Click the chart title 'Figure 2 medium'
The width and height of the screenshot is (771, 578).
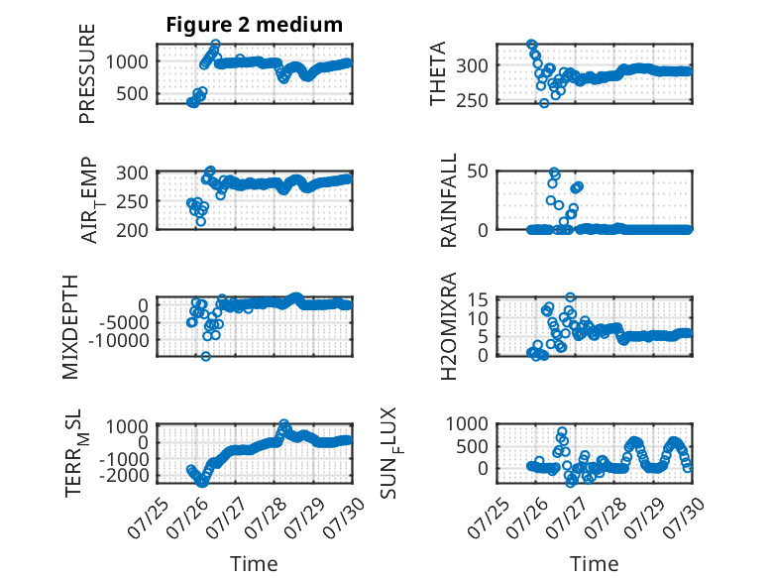[255, 25]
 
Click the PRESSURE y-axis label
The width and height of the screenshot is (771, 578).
[86, 73]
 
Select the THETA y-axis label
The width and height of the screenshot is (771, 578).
[437, 73]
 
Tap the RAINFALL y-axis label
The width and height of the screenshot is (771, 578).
[449, 200]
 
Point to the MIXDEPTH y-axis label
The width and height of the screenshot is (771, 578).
[70, 327]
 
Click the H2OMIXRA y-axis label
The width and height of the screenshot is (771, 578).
[449, 326]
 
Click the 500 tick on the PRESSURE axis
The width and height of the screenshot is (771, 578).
[132, 93]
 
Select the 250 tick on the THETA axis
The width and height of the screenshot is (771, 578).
[472, 100]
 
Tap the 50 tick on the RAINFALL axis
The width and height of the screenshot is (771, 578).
[478, 172]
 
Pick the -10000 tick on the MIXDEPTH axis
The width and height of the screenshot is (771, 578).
[119, 340]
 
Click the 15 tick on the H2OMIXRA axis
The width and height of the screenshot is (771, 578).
[478, 299]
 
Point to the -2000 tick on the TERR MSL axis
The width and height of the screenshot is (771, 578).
[124, 476]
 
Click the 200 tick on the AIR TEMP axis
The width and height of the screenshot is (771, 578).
[132, 230]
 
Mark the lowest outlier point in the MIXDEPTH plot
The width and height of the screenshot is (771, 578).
[205, 356]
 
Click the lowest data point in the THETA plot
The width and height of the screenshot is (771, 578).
[544, 103]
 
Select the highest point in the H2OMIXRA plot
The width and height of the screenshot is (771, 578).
[570, 297]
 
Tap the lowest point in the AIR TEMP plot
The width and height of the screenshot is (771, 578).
[200, 221]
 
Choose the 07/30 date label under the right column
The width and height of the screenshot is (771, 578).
[684, 518]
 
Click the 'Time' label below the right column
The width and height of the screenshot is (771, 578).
[594, 564]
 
